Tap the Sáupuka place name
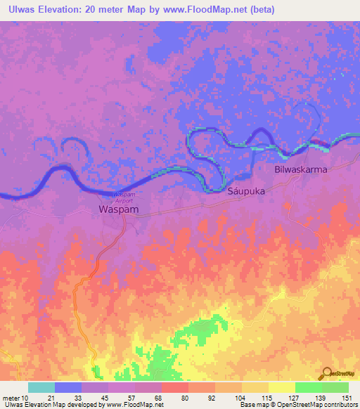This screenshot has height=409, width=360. click(x=245, y=190)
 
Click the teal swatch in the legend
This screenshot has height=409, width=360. click(x=41, y=387)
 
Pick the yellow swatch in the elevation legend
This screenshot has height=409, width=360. click(x=281, y=387)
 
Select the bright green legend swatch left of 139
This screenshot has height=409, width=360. click(x=308, y=387)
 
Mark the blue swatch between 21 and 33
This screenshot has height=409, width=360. click(x=68, y=387)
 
